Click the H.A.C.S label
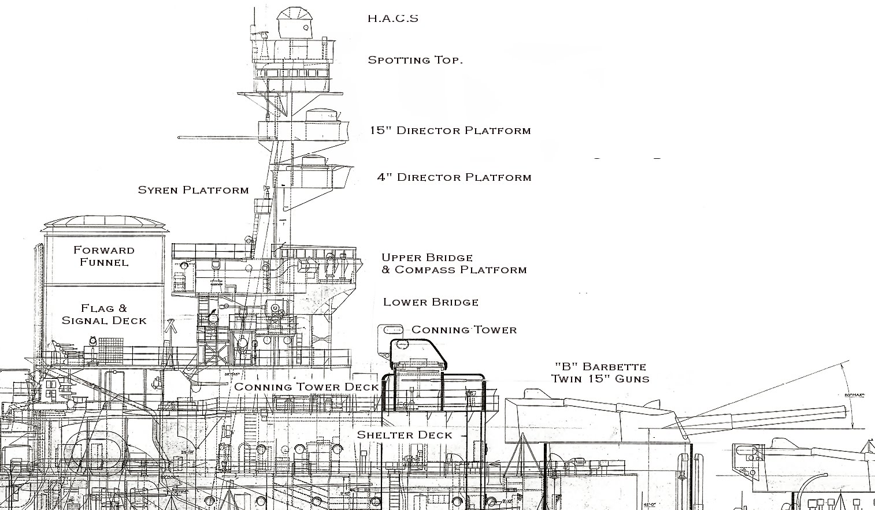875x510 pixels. click(x=392, y=18)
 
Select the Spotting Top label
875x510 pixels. click(x=415, y=59)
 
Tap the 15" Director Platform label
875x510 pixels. click(x=450, y=131)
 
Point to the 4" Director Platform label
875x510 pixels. click(x=454, y=177)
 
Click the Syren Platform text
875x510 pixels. click(x=193, y=190)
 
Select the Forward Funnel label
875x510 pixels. click(x=104, y=256)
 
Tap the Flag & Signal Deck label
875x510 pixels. click(x=104, y=315)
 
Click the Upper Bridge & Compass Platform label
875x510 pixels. click(x=454, y=263)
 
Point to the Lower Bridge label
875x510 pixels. click(x=431, y=302)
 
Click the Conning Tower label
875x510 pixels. click(x=464, y=330)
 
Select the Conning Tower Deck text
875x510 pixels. click(x=306, y=387)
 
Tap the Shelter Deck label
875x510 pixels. click(x=405, y=435)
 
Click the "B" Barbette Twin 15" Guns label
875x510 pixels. click(x=600, y=373)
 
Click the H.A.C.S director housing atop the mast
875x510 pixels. click(x=293, y=22)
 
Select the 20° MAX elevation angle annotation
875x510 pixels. click(x=854, y=395)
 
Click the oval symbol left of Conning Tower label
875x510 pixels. click(x=391, y=330)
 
